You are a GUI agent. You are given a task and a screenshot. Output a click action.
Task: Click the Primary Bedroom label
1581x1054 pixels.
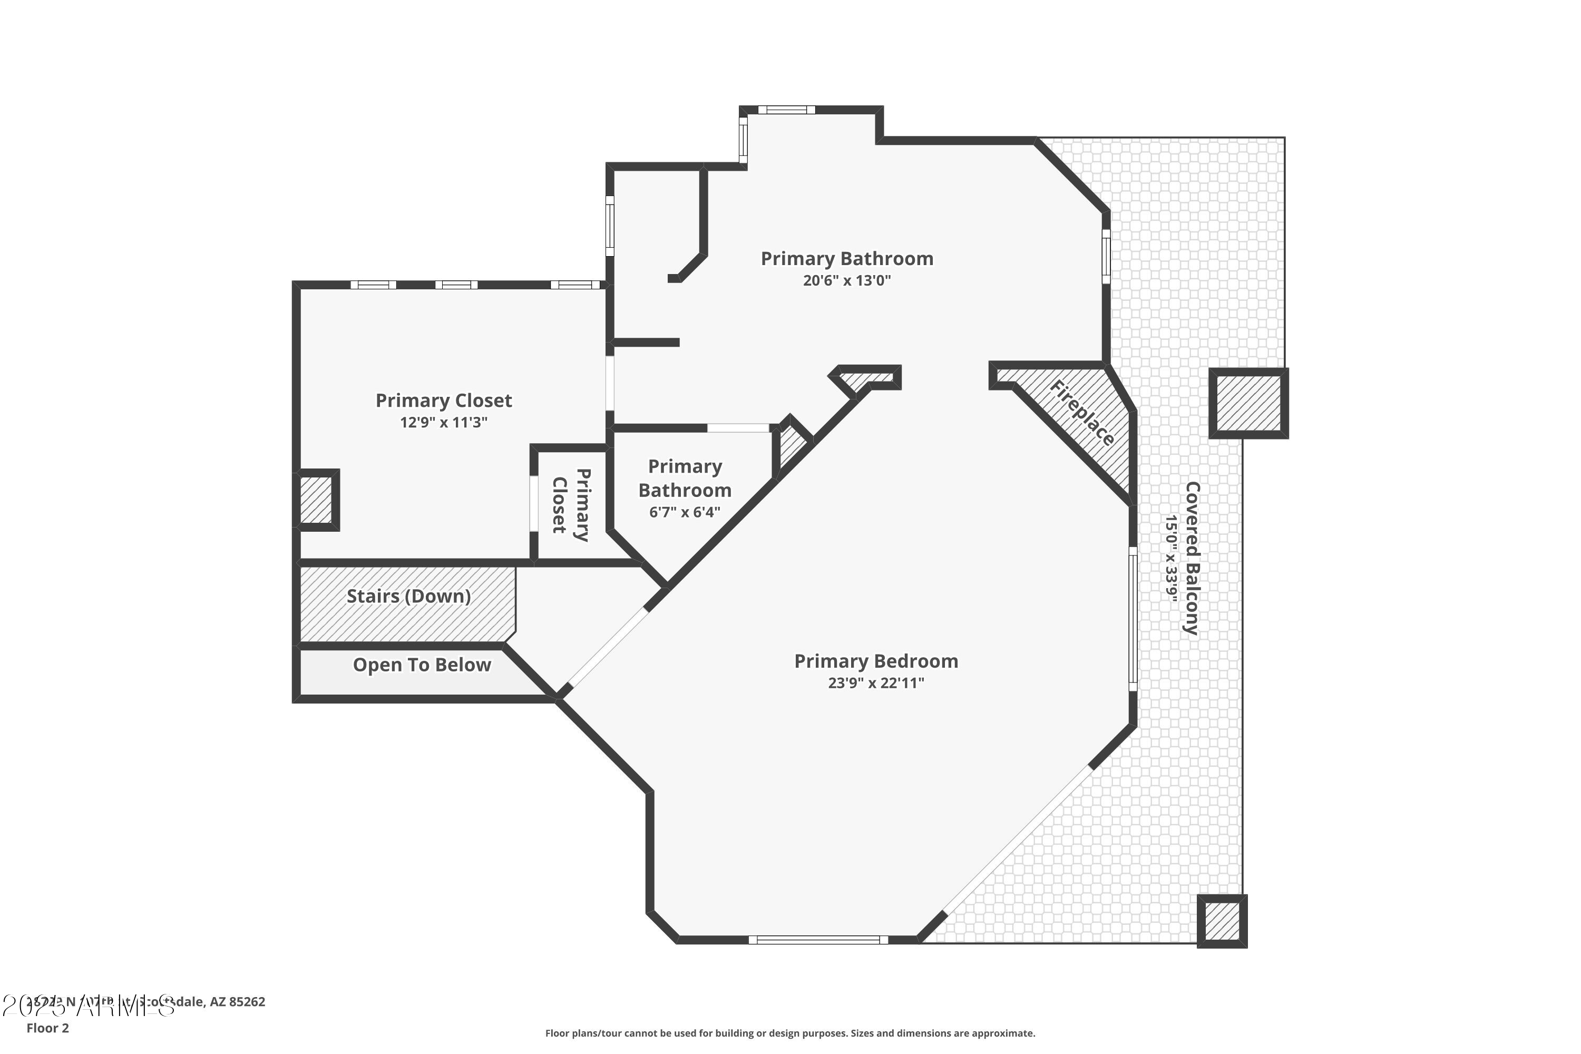click(x=876, y=661)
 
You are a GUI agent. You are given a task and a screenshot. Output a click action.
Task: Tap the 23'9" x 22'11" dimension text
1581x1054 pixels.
click(x=876, y=684)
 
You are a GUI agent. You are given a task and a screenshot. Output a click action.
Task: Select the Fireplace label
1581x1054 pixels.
click(x=1082, y=413)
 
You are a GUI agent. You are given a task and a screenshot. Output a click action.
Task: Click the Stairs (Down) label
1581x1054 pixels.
click(x=408, y=596)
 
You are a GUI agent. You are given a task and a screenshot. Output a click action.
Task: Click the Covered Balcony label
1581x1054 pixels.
click(x=1192, y=558)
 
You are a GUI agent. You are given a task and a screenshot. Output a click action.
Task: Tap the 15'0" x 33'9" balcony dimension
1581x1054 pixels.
click(x=1172, y=558)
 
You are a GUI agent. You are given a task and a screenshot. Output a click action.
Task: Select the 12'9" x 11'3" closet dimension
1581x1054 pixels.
click(x=444, y=423)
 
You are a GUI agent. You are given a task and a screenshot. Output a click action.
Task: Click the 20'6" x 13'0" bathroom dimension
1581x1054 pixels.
click(x=846, y=280)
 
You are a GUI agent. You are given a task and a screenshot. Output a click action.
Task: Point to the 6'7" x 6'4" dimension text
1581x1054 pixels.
click(x=684, y=512)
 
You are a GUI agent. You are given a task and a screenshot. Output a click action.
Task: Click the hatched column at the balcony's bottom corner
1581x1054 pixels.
click(x=1222, y=921)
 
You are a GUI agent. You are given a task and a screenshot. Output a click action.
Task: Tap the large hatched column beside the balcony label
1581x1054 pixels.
click(x=1248, y=403)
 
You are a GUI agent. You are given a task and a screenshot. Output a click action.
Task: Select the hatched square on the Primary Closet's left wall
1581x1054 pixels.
click(x=316, y=500)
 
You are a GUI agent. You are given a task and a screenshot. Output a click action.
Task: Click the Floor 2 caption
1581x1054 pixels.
click(x=48, y=1028)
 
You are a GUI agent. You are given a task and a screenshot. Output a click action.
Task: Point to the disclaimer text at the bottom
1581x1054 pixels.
click(x=790, y=1033)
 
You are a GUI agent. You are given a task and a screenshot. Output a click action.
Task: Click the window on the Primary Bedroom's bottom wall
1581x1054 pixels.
click(x=818, y=940)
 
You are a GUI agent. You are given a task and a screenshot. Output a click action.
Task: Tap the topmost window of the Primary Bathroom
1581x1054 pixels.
click(x=786, y=110)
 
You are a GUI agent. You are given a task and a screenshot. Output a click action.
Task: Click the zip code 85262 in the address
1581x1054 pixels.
click(x=247, y=1002)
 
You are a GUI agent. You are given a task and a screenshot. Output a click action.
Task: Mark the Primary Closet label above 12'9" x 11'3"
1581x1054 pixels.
click(x=444, y=401)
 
